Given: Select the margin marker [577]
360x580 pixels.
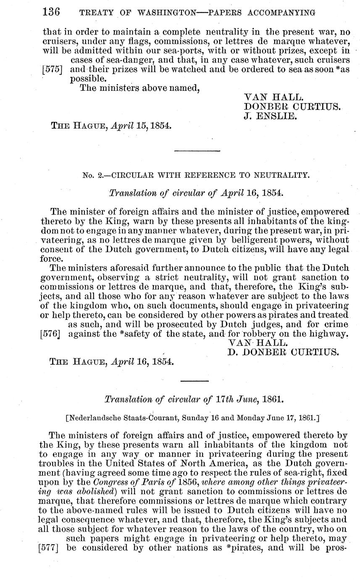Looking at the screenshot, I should tap(51, 548).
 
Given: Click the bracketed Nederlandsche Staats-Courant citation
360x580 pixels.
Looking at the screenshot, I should tap(193, 418).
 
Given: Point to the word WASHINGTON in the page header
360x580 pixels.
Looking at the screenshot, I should tap(164, 13).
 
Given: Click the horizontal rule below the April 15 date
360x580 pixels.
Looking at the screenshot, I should tap(197, 150).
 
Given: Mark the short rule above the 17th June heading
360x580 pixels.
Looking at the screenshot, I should tap(194, 381).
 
